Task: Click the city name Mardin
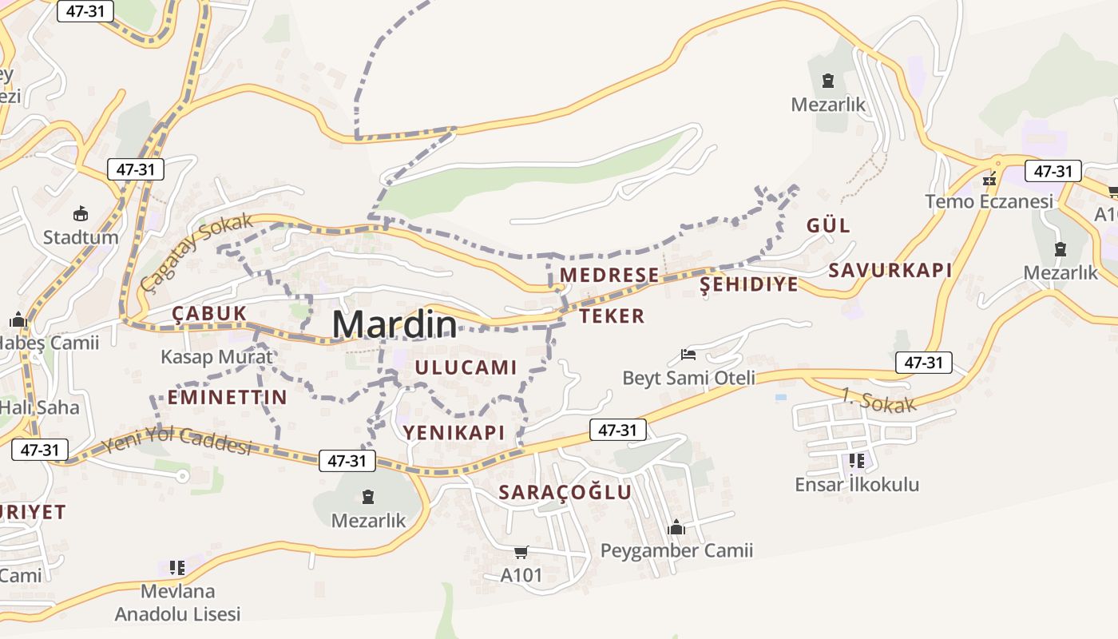[x=394, y=324]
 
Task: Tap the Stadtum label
[x=81, y=237]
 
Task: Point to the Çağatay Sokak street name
[x=196, y=252]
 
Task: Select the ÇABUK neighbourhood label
[x=209, y=314]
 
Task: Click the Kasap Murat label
[x=216, y=356]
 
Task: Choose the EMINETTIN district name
[x=227, y=397]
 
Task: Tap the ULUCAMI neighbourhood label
[x=466, y=367]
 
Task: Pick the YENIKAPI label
[x=454, y=432]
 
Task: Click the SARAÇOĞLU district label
[x=565, y=492]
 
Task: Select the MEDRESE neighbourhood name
[x=609, y=276]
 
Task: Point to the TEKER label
[x=612, y=316]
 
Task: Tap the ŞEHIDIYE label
[x=748, y=284]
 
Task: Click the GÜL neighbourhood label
[x=828, y=225]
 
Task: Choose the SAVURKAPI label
[x=890, y=270]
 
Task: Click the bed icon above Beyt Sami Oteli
[x=688, y=354]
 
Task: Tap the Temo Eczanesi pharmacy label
[x=989, y=201]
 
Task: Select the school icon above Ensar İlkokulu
[x=856, y=461]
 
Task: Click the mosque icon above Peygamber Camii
[x=676, y=527]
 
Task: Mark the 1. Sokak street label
[x=878, y=400]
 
